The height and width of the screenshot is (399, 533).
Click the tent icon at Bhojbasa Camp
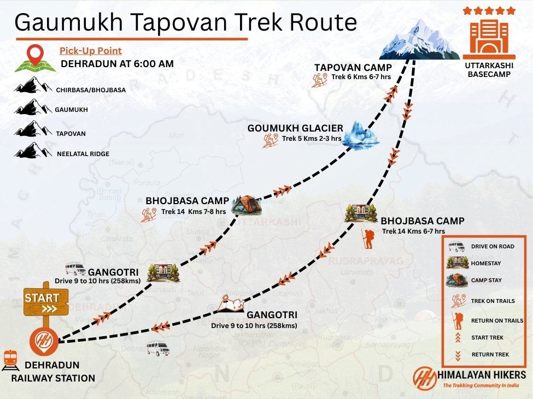[246, 204]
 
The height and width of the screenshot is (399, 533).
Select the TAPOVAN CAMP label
[353, 68]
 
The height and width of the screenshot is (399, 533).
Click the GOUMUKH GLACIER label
[295, 128]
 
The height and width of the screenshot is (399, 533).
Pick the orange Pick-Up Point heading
[90, 51]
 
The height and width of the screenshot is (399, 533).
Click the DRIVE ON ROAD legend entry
[493, 247]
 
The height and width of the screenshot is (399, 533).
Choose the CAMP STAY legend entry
[486, 281]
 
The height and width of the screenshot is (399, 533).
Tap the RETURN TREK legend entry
[490, 355]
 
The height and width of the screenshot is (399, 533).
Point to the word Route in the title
[322, 22]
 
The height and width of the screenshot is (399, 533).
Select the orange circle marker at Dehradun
[43, 341]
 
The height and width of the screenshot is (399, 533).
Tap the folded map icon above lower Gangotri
[230, 304]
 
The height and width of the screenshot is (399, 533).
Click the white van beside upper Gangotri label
[75, 269]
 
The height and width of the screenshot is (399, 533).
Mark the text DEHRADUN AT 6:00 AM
[117, 64]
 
